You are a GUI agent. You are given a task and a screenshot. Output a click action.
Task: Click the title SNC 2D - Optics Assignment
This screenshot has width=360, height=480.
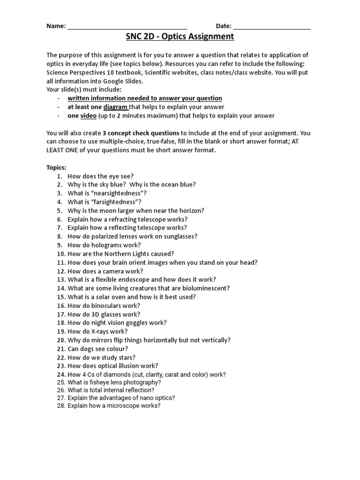point(180,37)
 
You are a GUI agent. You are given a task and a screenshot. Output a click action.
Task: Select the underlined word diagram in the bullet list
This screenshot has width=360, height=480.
point(115,107)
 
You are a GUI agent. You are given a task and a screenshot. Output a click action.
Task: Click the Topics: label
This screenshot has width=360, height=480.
point(56,167)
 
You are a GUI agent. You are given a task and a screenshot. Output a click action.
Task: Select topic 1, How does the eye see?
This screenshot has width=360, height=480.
point(101,176)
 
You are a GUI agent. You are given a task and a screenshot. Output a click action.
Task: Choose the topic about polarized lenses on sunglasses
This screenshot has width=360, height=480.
point(132,237)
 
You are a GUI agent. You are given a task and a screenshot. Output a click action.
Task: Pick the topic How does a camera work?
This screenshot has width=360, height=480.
point(105,271)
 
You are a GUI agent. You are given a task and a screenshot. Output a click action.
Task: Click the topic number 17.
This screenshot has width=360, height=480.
point(60,315)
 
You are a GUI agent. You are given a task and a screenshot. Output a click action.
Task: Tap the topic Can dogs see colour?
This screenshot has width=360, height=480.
point(97,349)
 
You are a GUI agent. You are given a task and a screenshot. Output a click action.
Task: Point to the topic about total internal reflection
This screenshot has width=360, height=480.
point(111,390)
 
